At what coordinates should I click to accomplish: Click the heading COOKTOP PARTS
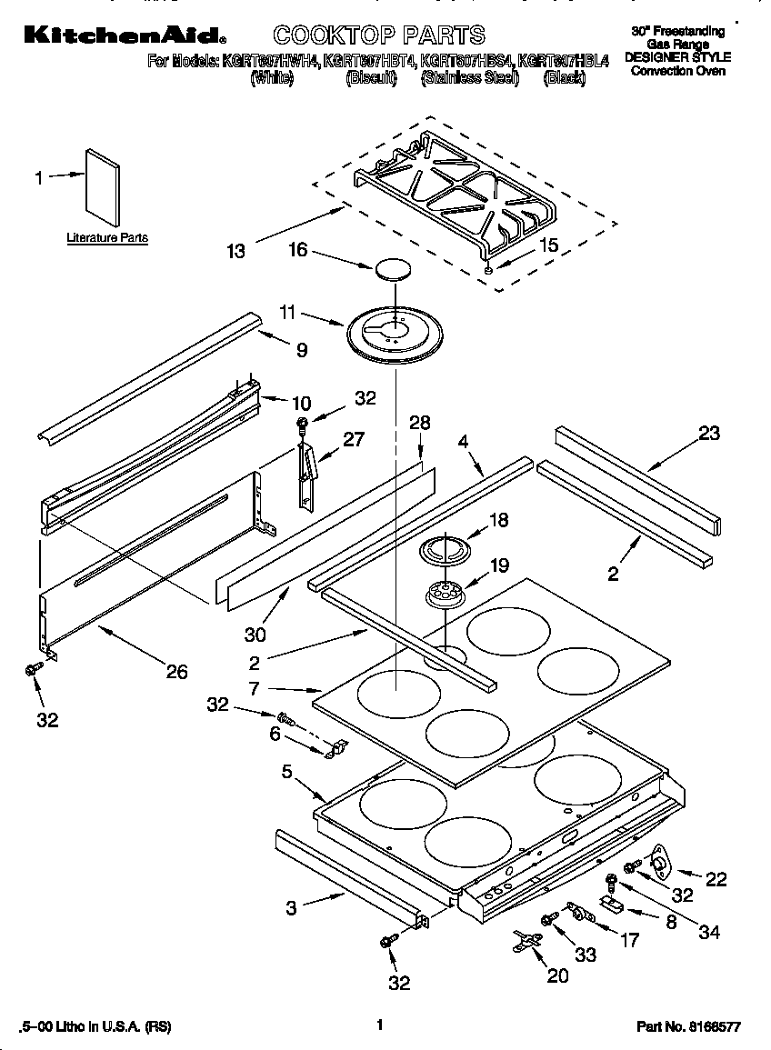[379, 35]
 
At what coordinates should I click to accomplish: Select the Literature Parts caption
[106, 238]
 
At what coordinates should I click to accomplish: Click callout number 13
[236, 250]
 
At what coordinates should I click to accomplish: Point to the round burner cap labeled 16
[392, 269]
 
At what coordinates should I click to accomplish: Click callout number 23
[707, 434]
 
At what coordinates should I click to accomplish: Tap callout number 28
[418, 423]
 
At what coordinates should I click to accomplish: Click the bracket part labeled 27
[308, 475]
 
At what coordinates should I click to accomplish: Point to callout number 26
[176, 671]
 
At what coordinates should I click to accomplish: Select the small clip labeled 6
[335, 748]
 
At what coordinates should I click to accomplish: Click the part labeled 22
[658, 860]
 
